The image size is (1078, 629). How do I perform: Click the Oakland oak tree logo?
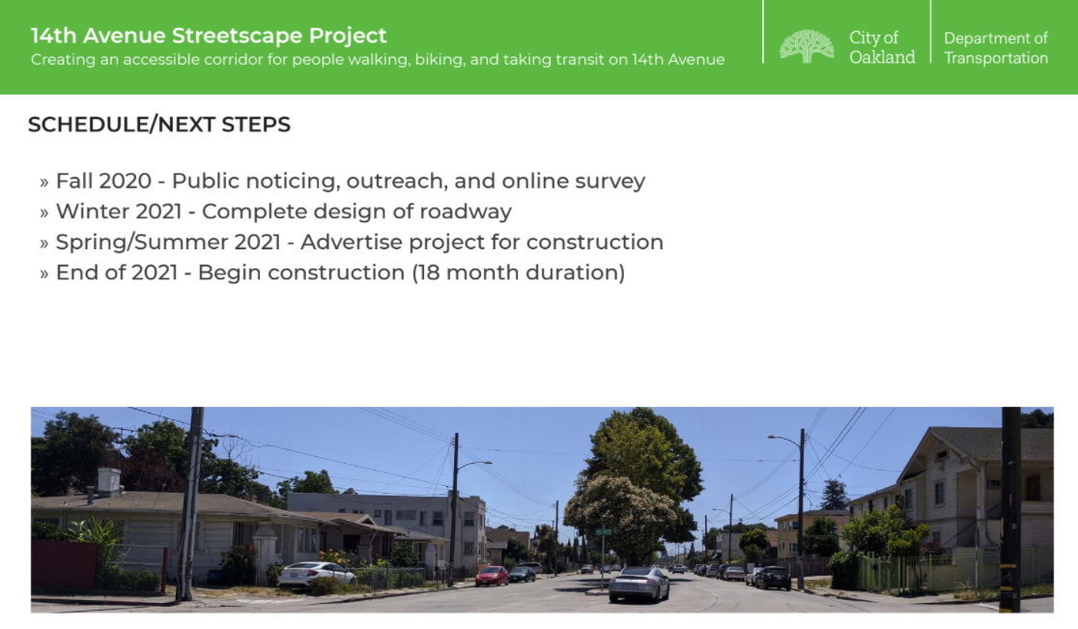point(807,46)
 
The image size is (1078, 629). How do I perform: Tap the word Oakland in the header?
point(882,57)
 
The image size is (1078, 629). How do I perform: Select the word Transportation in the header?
point(996,58)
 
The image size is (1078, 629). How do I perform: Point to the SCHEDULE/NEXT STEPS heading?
point(158,125)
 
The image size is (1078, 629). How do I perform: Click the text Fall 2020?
point(103,181)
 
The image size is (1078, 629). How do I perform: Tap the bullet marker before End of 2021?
point(44,273)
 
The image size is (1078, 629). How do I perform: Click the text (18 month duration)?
point(519,272)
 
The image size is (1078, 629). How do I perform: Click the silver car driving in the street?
point(638,585)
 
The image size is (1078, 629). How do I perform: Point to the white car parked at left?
point(316,575)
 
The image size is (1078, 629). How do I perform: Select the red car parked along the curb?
point(492,576)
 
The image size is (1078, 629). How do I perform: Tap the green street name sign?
point(603,531)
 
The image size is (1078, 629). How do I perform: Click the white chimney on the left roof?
point(108,480)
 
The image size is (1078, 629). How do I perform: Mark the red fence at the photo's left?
point(64,565)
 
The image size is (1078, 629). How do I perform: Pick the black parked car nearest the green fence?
point(773,578)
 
